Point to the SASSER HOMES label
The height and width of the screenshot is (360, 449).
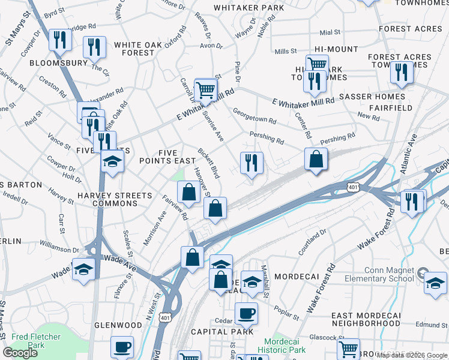click(372, 96)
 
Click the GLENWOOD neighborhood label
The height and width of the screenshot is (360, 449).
click(118, 325)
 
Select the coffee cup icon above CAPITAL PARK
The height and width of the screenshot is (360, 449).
click(246, 313)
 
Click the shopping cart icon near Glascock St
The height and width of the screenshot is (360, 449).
click(349, 348)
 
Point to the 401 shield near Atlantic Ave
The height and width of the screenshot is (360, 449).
click(354, 188)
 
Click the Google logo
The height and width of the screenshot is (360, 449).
click(20, 353)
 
